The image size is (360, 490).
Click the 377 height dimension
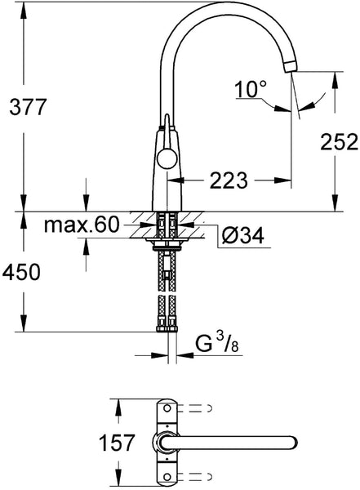point(28,106)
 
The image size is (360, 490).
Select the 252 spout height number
point(339,142)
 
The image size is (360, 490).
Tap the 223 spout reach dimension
point(229,180)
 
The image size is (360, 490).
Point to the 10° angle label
point(251,89)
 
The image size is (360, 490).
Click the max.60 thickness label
point(82,225)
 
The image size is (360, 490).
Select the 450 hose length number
point(21,272)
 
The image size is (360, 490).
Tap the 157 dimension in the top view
point(117,443)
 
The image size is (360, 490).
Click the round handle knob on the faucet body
point(167,159)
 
